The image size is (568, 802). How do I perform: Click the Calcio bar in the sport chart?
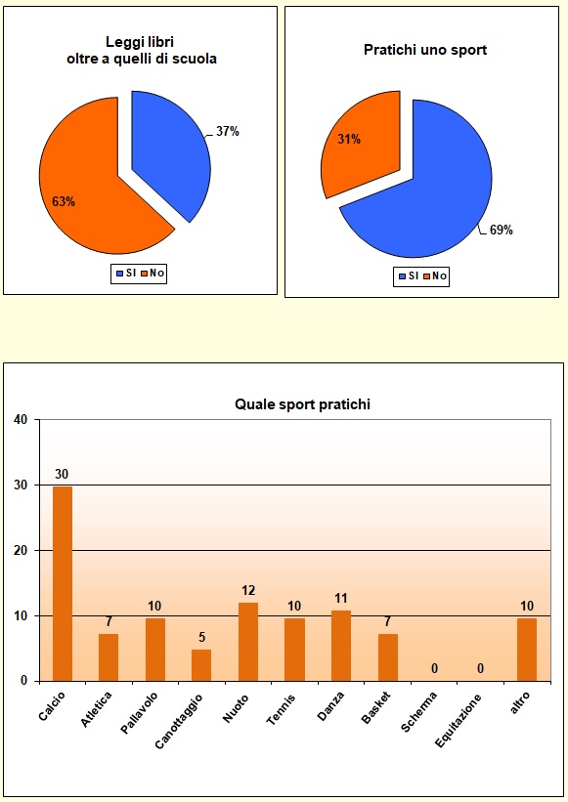(62, 583)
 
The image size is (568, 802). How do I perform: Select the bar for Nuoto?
(248, 642)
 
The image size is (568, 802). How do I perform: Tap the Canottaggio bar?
(201, 665)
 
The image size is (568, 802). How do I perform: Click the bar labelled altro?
(527, 649)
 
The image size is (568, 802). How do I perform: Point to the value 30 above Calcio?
(62, 475)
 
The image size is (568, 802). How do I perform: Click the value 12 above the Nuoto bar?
(248, 591)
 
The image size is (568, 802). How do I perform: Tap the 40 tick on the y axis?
(21, 420)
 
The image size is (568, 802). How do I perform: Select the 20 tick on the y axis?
(21, 550)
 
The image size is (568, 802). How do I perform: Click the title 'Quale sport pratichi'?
(302, 403)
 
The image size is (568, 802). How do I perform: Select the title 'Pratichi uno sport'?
(425, 49)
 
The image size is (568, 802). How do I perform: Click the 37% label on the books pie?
(228, 131)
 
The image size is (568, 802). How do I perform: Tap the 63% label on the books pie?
(64, 202)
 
